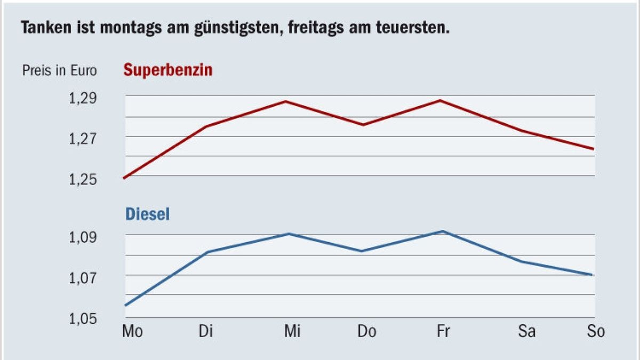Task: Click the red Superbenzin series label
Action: (168, 70)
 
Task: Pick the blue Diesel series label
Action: (148, 214)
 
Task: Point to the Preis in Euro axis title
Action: (59, 71)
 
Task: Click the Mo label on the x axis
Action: (132, 331)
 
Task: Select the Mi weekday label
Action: (291, 331)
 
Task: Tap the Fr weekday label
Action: (443, 331)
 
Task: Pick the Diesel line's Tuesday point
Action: (207, 252)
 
